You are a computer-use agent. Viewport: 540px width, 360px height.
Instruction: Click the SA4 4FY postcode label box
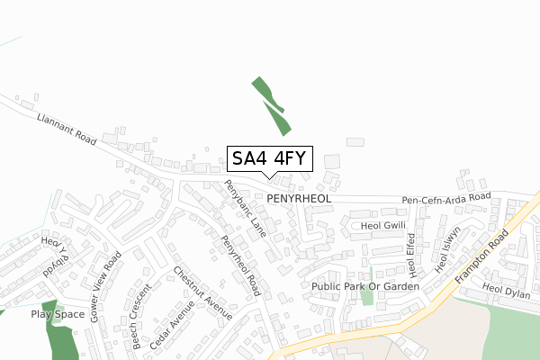pyautogui.click(x=269, y=158)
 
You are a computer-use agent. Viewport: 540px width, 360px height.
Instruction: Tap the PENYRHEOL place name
pyautogui.click(x=299, y=197)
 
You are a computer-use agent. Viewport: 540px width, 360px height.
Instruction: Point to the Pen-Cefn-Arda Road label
pyautogui.click(x=445, y=197)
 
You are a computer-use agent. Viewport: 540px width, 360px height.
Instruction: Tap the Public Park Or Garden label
pyautogui.click(x=365, y=286)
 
